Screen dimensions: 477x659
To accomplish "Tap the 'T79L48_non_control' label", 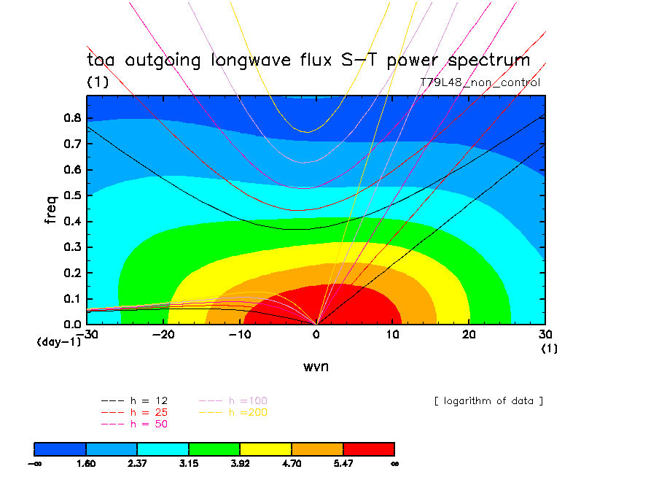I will (x=480, y=82).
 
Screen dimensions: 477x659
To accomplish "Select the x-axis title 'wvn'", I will (x=316, y=366).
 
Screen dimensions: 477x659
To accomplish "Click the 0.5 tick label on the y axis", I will (x=74, y=195).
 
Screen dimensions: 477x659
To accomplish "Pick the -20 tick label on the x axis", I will (x=163, y=334).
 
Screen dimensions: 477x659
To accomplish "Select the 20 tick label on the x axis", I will (x=469, y=334).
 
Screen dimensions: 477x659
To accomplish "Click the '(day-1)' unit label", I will (x=58, y=341).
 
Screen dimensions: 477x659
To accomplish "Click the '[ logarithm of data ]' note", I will (x=488, y=400).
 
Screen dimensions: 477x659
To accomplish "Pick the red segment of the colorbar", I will (x=368, y=448).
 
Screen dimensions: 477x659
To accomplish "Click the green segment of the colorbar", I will (x=214, y=448).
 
